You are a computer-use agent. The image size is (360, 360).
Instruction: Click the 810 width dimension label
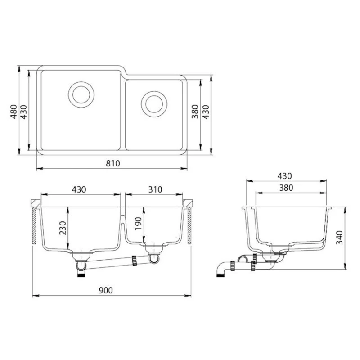pyautogui.click(x=112, y=164)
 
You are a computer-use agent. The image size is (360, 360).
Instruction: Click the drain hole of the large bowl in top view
pyautogui.click(x=81, y=94)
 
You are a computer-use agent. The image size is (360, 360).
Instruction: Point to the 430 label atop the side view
pyautogui.click(x=285, y=176)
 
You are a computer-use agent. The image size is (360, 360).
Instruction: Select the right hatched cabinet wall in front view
pyautogui.click(x=190, y=227)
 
